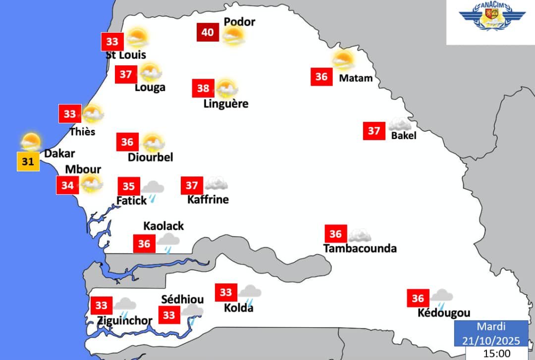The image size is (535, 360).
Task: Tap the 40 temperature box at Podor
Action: click(x=208, y=33)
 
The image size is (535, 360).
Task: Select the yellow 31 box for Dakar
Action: click(x=28, y=161)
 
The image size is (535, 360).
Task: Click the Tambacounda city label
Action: click(x=360, y=248)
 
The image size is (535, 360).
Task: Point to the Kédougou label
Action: click(x=444, y=313)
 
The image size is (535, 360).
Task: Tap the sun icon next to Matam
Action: click(x=343, y=60)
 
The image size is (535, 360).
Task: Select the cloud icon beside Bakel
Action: click(x=400, y=124)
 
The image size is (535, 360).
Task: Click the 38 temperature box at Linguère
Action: click(x=203, y=89)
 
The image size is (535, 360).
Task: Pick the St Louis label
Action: click(x=126, y=54)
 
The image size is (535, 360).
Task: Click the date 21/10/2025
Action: click(x=491, y=340)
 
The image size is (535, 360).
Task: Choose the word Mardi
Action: click(x=491, y=327)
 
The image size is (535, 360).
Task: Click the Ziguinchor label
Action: click(x=125, y=320)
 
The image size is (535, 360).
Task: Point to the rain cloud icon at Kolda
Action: click(x=249, y=293)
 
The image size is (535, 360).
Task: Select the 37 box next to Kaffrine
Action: click(x=192, y=186)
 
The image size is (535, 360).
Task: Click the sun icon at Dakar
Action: click(x=31, y=142)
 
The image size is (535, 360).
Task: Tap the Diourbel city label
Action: click(x=151, y=157)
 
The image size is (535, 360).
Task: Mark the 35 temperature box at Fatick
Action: click(x=128, y=186)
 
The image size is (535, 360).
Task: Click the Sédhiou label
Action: click(x=183, y=300)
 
